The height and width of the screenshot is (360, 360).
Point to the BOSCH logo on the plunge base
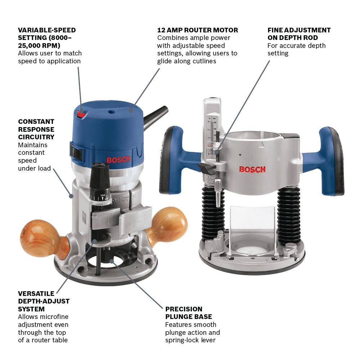click(x=252, y=169)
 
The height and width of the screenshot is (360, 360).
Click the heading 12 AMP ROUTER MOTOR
click(x=198, y=30)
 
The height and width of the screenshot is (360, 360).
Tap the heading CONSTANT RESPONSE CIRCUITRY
click(x=36, y=129)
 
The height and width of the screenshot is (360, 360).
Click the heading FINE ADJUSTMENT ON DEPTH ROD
click(x=299, y=34)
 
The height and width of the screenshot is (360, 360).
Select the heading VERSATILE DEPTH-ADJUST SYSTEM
click(x=44, y=301)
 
